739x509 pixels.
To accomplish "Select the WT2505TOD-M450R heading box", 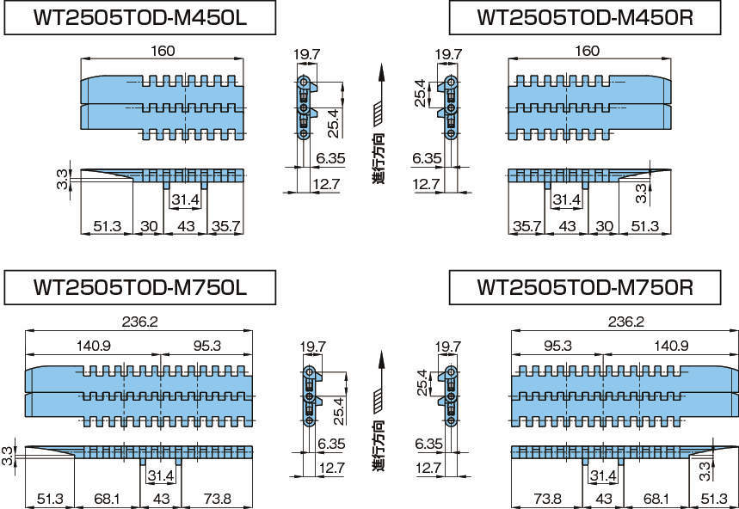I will point(584,17).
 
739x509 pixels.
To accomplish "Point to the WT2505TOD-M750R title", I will point(585,288).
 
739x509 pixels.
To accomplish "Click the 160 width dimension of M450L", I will point(163,52).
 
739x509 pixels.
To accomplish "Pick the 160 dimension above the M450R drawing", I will point(587,52).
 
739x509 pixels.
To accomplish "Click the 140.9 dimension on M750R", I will point(671,346).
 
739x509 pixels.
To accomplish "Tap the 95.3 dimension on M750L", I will point(207,346).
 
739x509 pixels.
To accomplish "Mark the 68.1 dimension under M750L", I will point(108,498).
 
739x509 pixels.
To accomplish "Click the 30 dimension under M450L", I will point(149,227).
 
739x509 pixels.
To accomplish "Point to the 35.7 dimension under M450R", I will point(527,227).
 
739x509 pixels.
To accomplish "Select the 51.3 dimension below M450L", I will point(107,227).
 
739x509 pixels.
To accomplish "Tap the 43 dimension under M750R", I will point(603,498).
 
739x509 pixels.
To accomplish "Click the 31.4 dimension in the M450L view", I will point(186,200).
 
